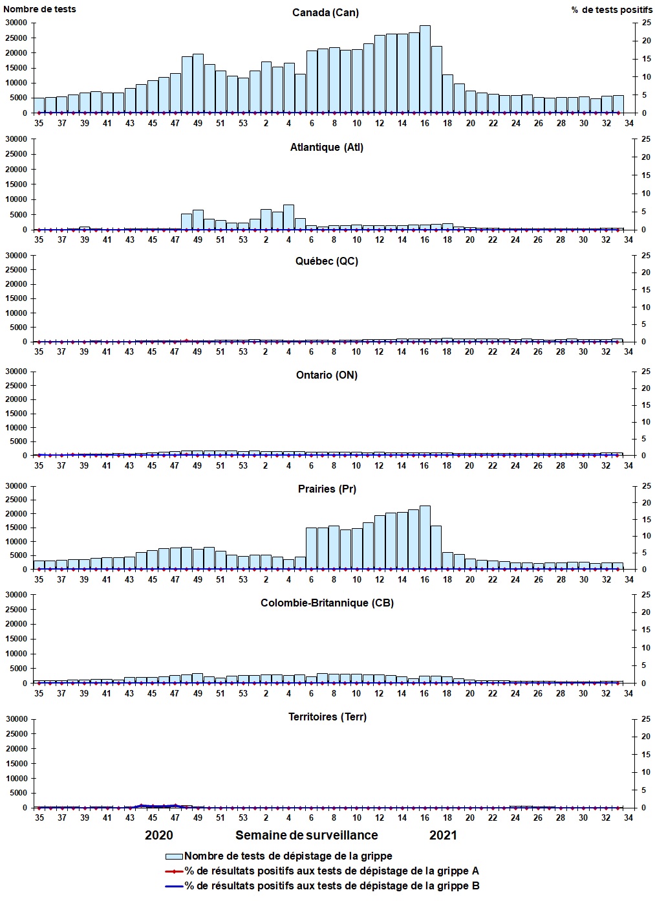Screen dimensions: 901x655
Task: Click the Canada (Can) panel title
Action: coord(325,12)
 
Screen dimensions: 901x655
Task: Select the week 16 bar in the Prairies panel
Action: coord(425,537)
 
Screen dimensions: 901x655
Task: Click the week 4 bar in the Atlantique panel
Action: coord(288,217)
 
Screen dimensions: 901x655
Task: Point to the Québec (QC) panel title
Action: coord(327,261)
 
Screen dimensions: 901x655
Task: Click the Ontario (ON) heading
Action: coord(327,375)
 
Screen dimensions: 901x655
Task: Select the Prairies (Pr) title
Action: coord(327,489)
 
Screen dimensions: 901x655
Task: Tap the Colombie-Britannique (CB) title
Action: coord(327,603)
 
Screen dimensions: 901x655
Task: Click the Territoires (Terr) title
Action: coord(327,717)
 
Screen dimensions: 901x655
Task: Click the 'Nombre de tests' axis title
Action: coord(39,9)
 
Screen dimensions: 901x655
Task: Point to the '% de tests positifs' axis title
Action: coord(612,10)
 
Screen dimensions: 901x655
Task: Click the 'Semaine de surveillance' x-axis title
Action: coord(306,835)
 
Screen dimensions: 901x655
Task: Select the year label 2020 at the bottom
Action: coord(158,835)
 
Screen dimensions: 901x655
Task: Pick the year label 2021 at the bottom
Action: coord(443,835)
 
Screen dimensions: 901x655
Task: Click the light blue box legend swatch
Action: coord(174,856)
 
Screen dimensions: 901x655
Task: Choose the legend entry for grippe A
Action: coord(332,871)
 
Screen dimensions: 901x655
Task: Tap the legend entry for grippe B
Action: coord(332,885)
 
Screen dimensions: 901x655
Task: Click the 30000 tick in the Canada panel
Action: coord(16,23)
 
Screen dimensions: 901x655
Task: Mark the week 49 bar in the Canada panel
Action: coord(198,83)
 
